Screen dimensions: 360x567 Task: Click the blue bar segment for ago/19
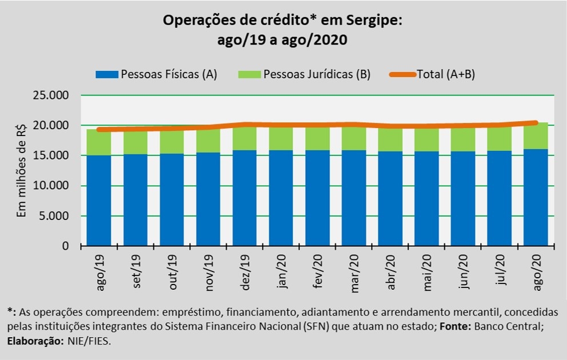coord(99,200)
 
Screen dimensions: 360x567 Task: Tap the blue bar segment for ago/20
coord(536,197)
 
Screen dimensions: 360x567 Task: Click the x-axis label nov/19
coord(209,277)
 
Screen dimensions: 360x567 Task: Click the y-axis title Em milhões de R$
coord(22,170)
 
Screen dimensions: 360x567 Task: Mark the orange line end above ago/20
coord(536,122)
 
